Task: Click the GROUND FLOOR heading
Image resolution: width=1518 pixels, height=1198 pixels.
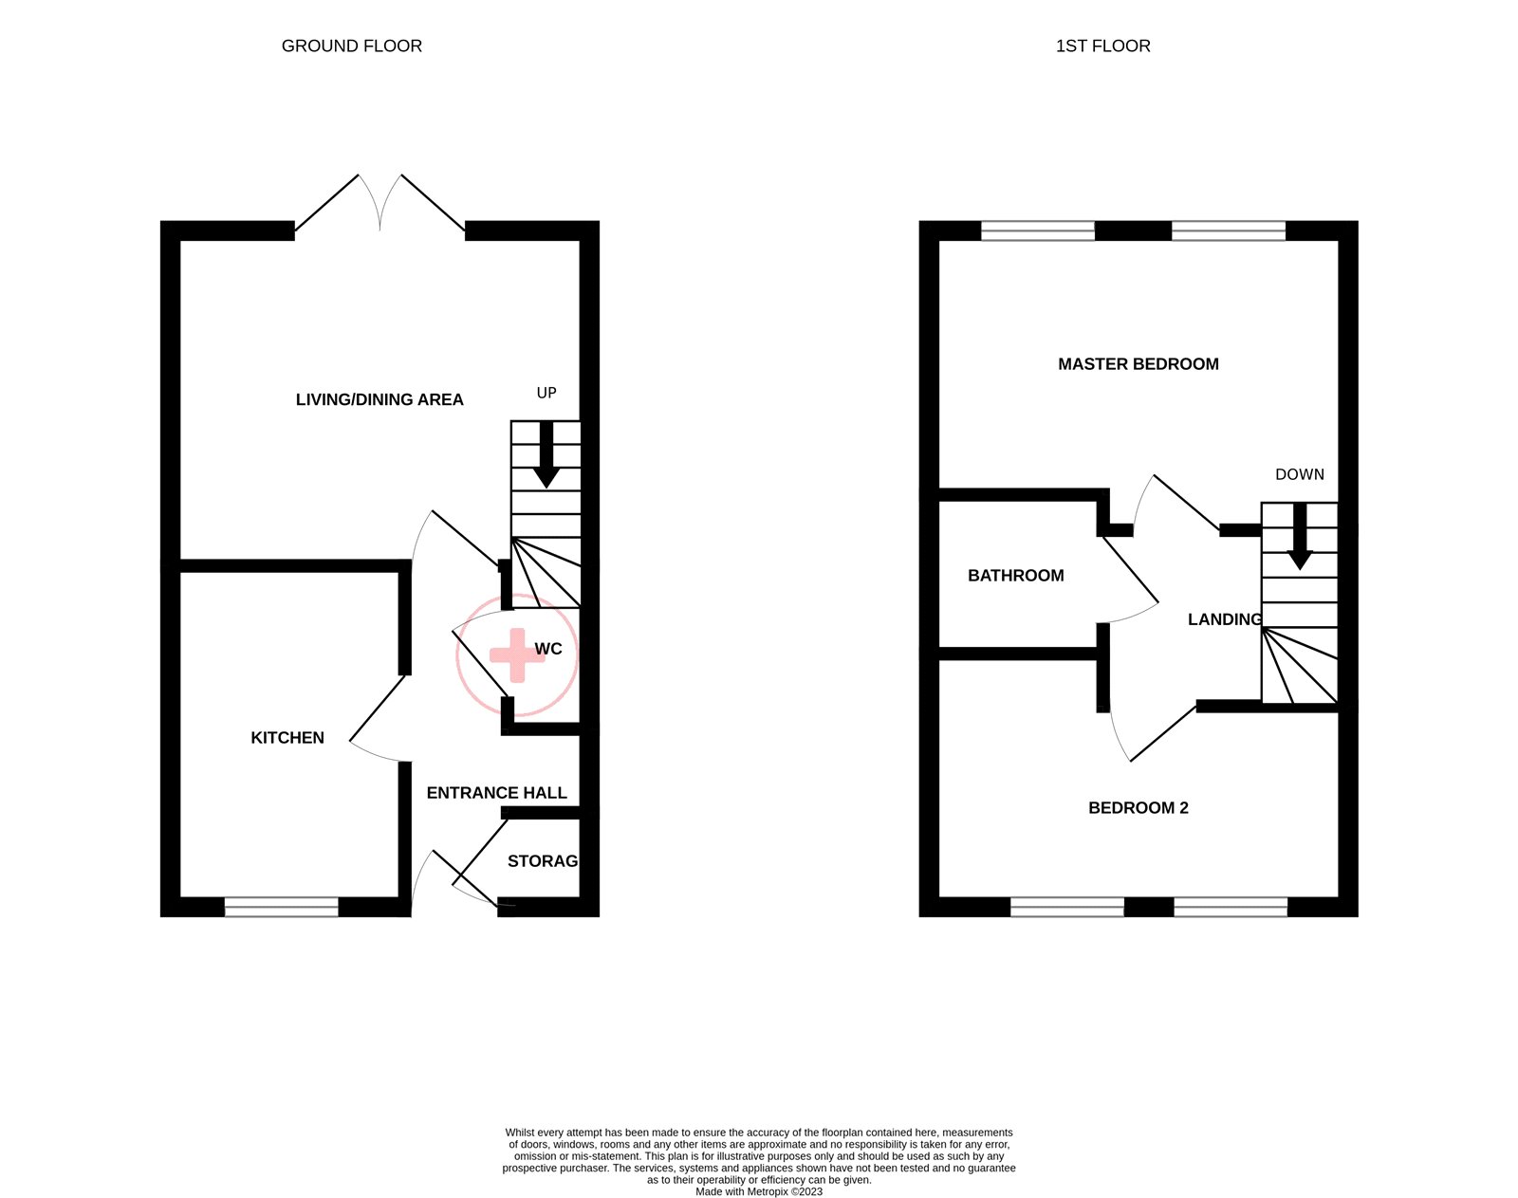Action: tap(351, 46)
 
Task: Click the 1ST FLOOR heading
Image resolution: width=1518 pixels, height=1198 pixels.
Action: tap(1102, 46)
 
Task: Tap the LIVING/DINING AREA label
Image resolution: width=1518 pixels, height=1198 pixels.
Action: tap(379, 399)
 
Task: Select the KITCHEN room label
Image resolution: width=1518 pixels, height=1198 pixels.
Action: tap(287, 737)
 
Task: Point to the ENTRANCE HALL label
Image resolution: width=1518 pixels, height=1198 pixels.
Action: tap(496, 792)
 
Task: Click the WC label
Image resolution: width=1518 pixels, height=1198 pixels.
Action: tap(548, 649)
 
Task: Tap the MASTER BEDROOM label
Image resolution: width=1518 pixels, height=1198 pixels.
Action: tap(1138, 363)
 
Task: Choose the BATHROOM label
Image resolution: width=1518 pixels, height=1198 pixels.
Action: tap(1015, 575)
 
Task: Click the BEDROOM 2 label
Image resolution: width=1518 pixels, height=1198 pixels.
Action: tap(1138, 807)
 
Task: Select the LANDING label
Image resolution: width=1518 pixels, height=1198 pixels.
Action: tap(1225, 618)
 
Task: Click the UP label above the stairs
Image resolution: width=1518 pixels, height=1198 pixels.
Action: tap(546, 393)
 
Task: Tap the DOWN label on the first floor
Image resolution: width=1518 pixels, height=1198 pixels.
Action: tap(1299, 474)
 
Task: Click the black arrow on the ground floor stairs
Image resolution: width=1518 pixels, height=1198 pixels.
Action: tap(546, 455)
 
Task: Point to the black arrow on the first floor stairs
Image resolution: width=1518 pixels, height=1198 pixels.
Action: tap(1299, 537)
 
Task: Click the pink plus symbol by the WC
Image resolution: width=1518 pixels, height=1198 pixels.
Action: tap(516, 654)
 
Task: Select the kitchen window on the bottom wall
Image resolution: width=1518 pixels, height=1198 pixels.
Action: tap(281, 907)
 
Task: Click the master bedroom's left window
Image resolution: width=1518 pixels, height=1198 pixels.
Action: tap(1037, 230)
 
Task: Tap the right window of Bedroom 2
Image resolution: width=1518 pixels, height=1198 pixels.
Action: tap(1230, 907)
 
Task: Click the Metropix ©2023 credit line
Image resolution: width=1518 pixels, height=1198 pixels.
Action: tap(759, 1191)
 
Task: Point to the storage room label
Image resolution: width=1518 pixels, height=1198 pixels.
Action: tap(542, 860)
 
